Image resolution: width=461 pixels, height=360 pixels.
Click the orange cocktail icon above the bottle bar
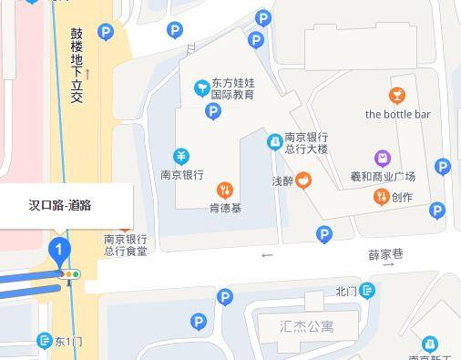[x=397, y=96]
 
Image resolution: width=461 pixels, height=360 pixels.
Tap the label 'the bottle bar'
[x=397, y=115]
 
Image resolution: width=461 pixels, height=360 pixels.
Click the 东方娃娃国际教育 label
[x=233, y=87]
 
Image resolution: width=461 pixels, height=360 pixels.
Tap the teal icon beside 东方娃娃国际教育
[x=200, y=87]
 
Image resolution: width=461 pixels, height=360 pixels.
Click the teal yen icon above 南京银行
[x=181, y=157]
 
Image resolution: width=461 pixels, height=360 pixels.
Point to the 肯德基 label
[x=225, y=208]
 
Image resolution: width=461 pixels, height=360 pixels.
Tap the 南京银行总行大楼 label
[x=305, y=142]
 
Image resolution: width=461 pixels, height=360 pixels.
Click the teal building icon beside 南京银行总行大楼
[x=273, y=142]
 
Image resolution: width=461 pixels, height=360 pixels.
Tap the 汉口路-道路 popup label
[x=60, y=205]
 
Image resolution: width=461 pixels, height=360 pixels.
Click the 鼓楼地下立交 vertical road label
[x=77, y=64]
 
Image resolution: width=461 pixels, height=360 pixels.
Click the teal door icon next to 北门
[x=366, y=291]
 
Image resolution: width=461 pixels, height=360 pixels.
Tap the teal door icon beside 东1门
[x=43, y=341]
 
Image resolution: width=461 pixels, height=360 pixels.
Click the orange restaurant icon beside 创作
[x=381, y=197]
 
